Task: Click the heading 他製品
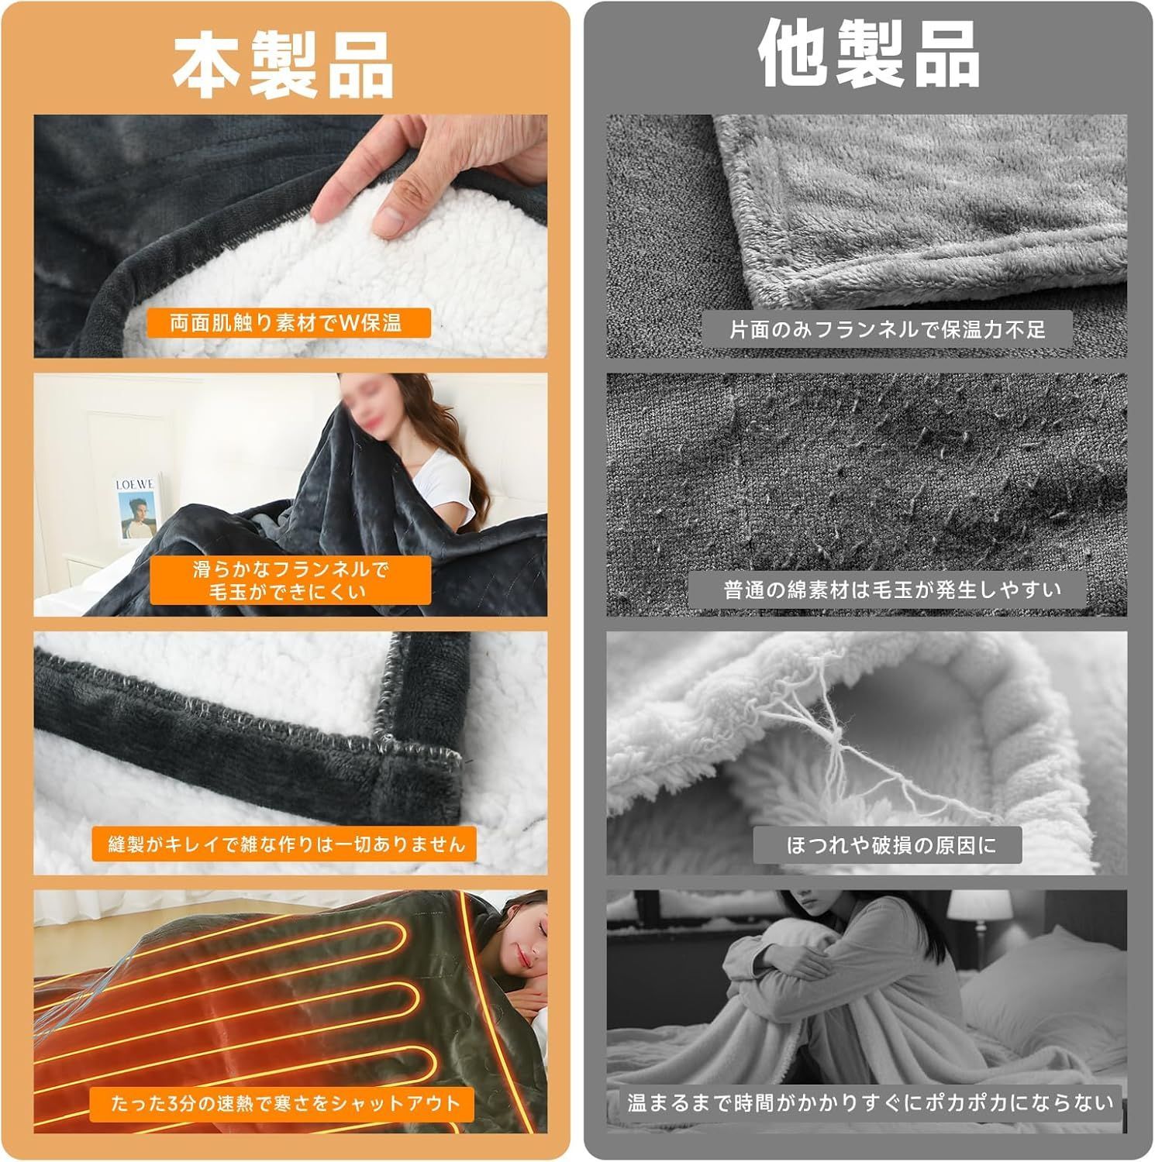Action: click(x=868, y=55)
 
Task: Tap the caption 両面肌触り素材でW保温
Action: click(x=286, y=322)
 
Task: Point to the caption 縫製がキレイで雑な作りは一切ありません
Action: click(x=287, y=844)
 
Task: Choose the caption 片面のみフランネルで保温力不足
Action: click(x=888, y=329)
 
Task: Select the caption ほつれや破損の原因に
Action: click(x=888, y=845)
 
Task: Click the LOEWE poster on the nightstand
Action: click(x=136, y=507)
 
